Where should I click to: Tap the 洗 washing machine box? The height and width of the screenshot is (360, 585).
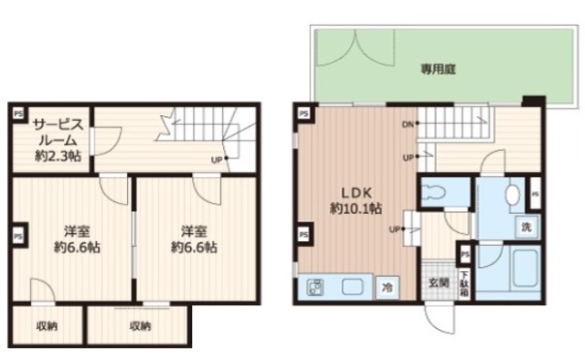(527, 227)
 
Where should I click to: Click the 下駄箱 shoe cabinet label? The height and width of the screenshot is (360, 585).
(465, 284)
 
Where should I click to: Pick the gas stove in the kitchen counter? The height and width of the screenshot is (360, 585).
(315, 288)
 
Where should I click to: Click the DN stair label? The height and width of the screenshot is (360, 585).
(406, 124)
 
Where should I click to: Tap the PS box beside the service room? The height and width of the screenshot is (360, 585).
(17, 113)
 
